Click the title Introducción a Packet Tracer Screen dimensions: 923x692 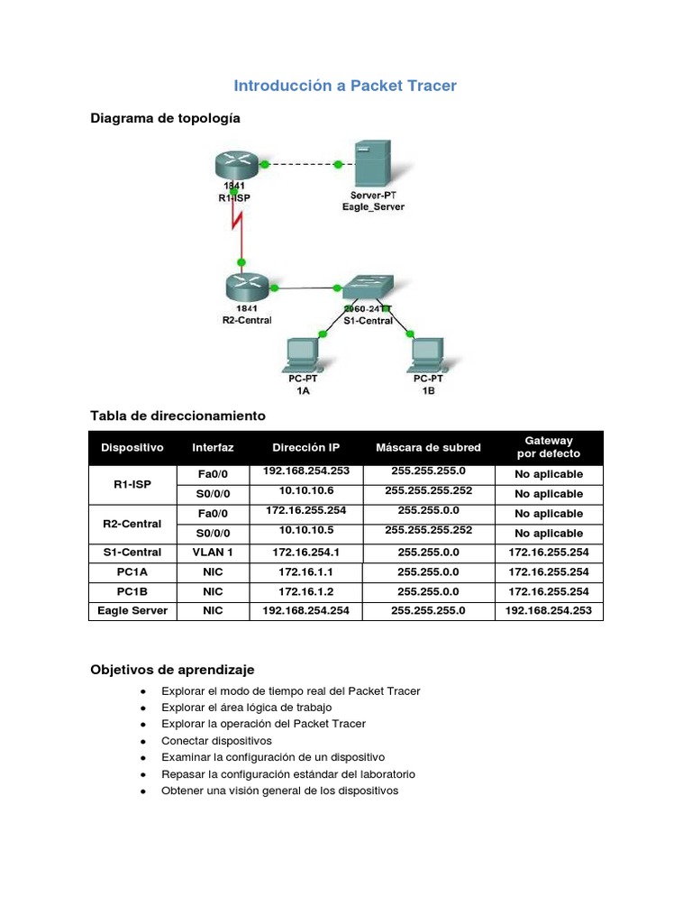pos(345,87)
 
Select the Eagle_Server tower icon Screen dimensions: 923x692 pos(372,163)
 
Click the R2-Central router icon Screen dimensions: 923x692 pos(247,287)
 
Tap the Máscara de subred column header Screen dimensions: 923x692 pos(428,447)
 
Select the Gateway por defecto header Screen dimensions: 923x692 pos(549,447)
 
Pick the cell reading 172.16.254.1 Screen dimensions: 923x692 pos(306,552)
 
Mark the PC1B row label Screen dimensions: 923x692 pos(132,591)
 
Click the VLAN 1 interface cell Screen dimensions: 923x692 pos(213,552)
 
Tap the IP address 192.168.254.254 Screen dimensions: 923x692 pos(306,611)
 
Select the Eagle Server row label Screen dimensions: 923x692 pos(132,611)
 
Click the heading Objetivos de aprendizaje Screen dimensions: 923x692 pos(172,670)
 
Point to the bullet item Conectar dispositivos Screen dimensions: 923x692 pos(216,740)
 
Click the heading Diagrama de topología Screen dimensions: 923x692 pos(165,118)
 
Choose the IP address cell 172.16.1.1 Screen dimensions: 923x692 pos(306,571)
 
